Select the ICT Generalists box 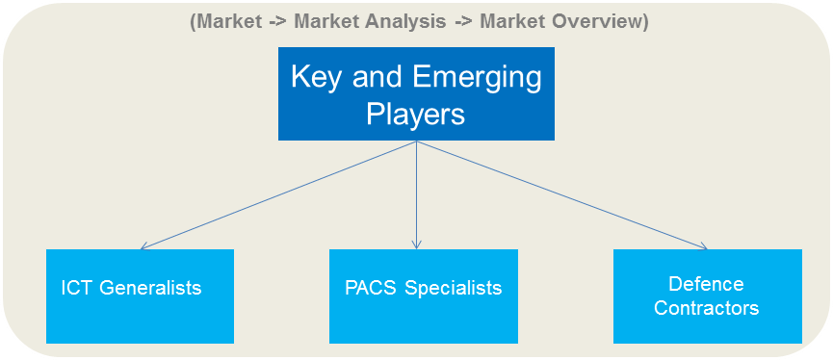[x=140, y=296]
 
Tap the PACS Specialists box [x=423, y=296]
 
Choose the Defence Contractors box [x=707, y=296]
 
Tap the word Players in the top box [x=415, y=114]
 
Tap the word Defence [x=706, y=285]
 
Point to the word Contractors [x=706, y=308]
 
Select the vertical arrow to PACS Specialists [x=416, y=193]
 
